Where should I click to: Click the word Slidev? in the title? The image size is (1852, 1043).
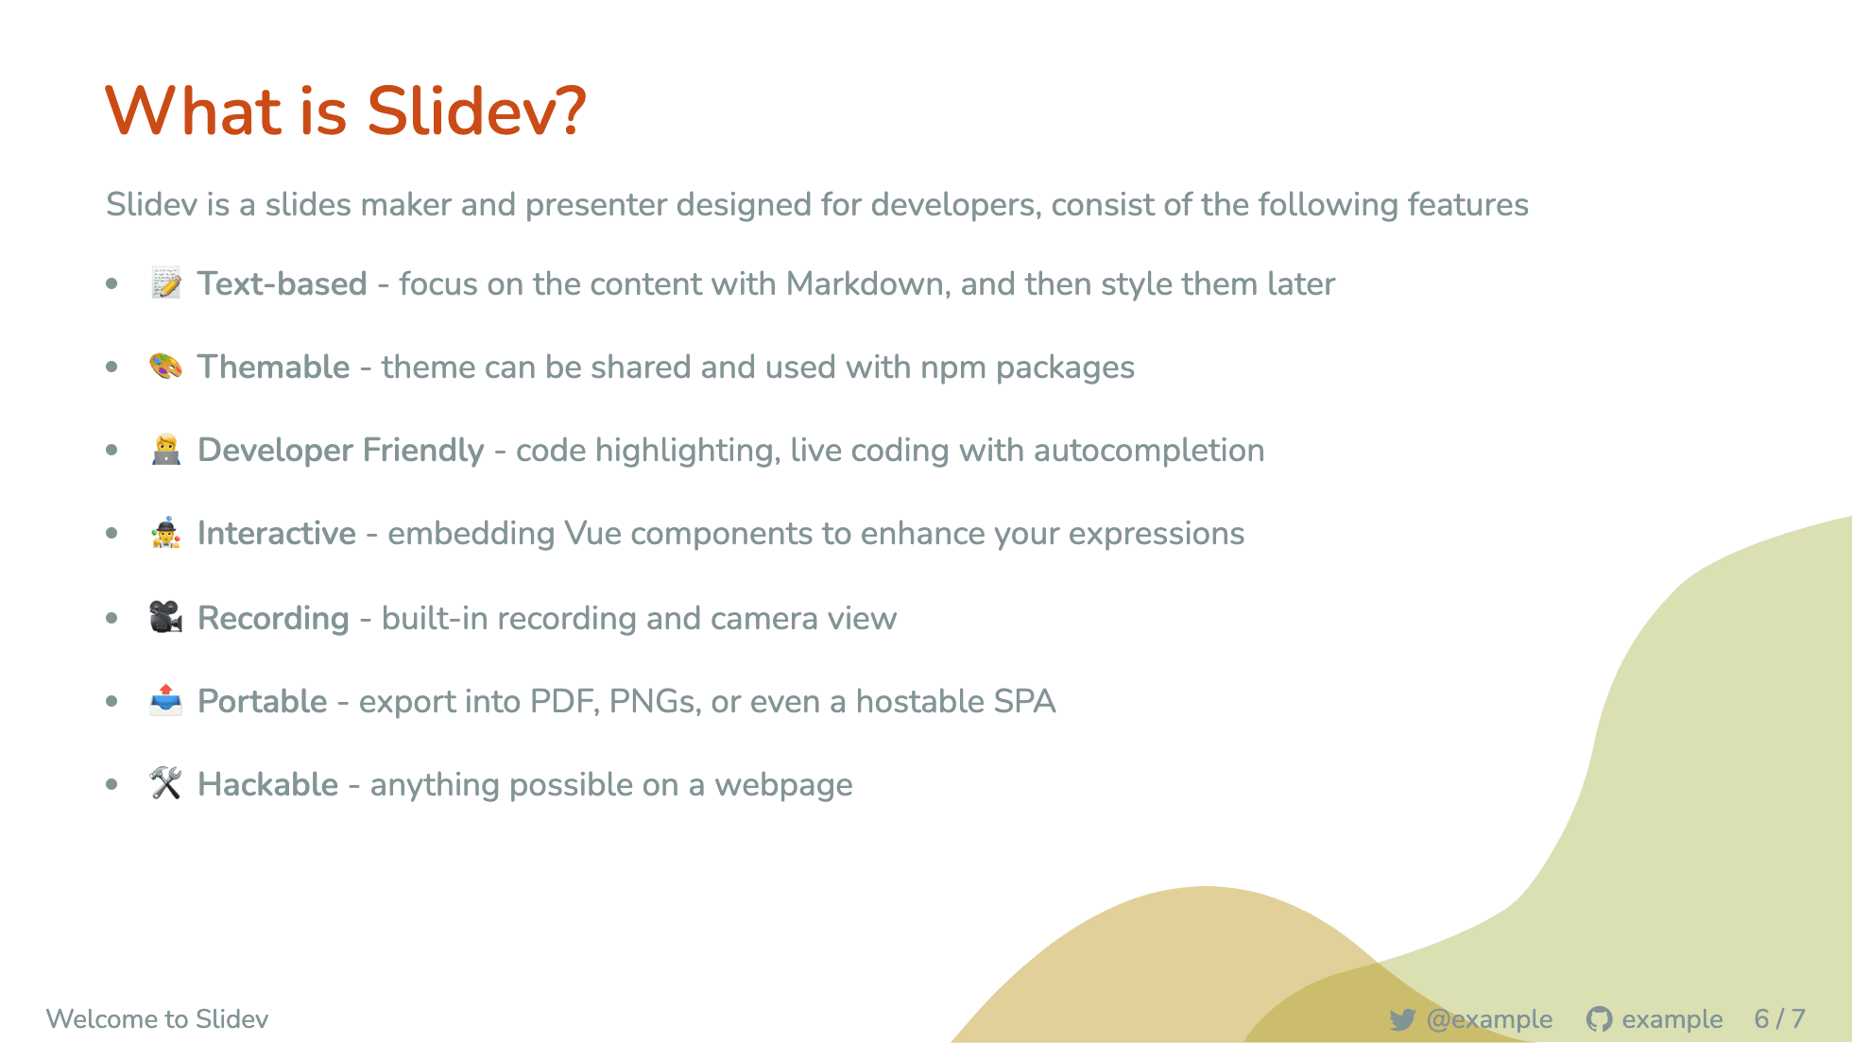[x=476, y=111]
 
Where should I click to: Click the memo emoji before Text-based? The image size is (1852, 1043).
[x=166, y=283]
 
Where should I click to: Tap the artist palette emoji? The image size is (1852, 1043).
[x=166, y=367]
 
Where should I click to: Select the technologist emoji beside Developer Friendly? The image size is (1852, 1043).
[x=166, y=450]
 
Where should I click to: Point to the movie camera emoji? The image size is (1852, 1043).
[x=166, y=618]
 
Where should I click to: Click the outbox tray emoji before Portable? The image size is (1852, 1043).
[x=166, y=701]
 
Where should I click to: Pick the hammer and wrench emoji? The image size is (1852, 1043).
[x=166, y=784]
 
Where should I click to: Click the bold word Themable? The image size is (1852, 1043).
[x=273, y=367]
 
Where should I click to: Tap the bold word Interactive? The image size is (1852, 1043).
[x=277, y=534]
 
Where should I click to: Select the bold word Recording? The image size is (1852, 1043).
[x=273, y=619]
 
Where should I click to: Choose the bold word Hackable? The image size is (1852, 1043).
[x=267, y=785]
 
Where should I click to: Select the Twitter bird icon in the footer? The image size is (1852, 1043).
[x=1402, y=1019]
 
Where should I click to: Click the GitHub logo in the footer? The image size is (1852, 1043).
[x=1599, y=1019]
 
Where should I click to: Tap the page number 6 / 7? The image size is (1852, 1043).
[x=1779, y=1019]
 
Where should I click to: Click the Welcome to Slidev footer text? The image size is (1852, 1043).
[x=157, y=1019]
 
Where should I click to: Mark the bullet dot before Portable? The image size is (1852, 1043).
[x=112, y=701]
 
